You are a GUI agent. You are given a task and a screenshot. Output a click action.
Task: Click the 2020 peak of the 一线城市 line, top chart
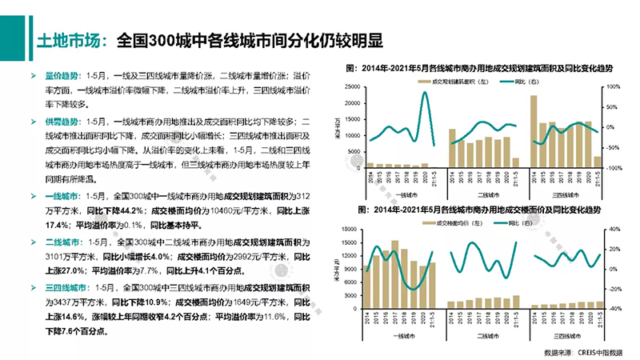pyautogui.click(x=423, y=93)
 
